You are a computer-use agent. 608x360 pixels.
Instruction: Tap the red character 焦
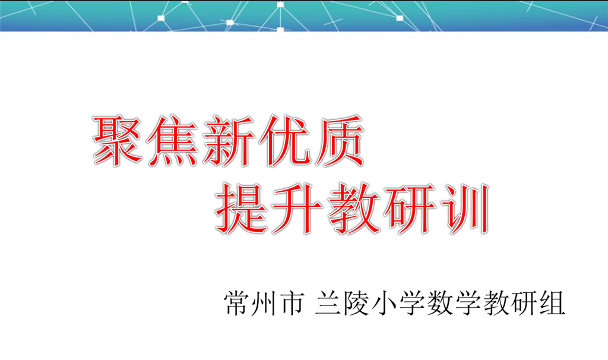pyautogui.click(x=173, y=140)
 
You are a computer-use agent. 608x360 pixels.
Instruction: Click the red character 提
pyautogui.click(x=241, y=209)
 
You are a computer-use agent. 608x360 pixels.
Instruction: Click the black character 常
pyautogui.click(x=236, y=303)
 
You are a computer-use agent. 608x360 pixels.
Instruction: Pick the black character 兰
pyautogui.click(x=328, y=303)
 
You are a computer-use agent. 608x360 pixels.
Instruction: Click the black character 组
pyautogui.click(x=552, y=303)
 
